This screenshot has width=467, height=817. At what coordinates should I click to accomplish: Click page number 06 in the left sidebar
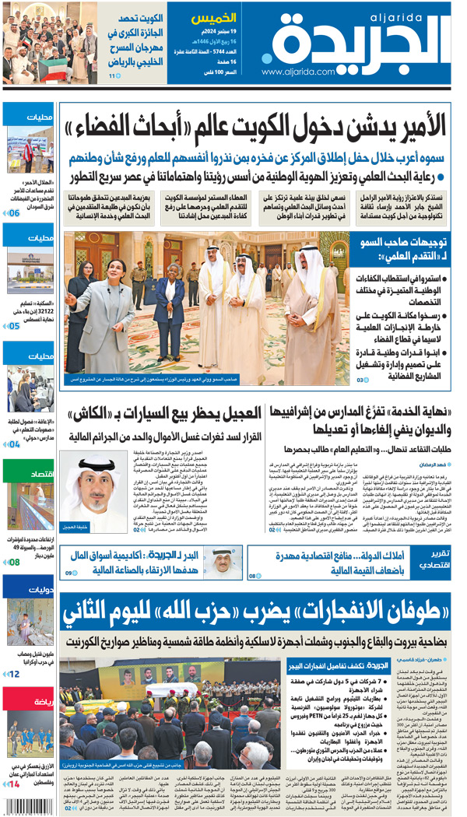pyautogui.click(x=14, y=212)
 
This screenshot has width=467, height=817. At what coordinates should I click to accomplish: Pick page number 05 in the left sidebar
pyautogui.click(x=14, y=327)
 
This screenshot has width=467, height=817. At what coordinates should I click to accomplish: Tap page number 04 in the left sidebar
pyautogui.click(x=14, y=444)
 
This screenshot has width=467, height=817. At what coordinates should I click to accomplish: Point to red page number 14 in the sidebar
pyautogui.click(x=14, y=784)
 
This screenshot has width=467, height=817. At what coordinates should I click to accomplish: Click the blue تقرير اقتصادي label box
pyautogui.click(x=430, y=558)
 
